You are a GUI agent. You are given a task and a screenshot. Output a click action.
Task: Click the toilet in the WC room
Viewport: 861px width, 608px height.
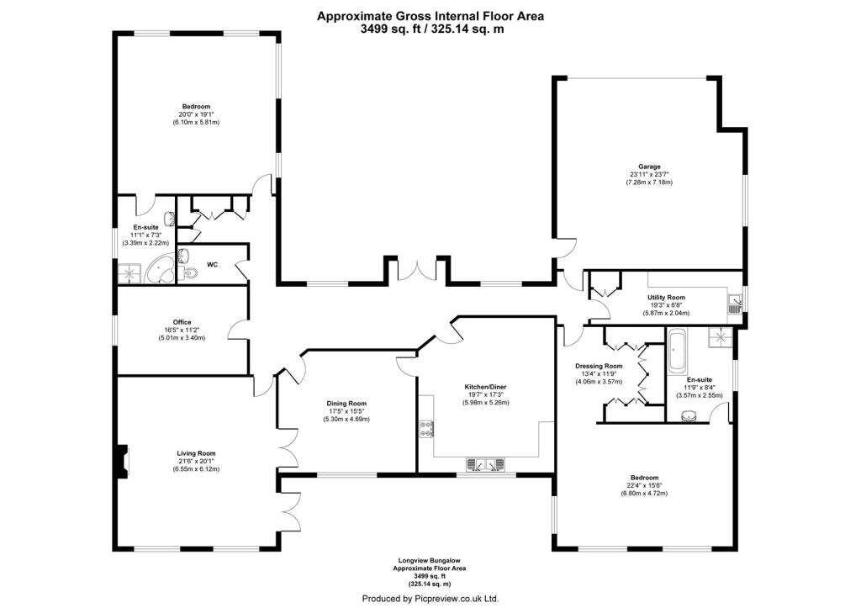point(189,272)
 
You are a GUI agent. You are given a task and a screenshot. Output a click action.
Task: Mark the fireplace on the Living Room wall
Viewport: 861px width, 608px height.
point(123,459)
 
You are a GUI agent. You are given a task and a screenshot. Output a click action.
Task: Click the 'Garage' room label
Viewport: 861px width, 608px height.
point(648,167)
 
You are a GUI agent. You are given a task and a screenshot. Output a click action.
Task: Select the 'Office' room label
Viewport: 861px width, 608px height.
point(182,322)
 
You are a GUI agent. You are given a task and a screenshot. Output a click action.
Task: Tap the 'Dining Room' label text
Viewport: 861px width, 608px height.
point(347,404)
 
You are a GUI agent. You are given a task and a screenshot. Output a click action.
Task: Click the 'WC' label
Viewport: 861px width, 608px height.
point(213,264)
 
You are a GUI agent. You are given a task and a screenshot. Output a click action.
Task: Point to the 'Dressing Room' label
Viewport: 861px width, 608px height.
point(599,366)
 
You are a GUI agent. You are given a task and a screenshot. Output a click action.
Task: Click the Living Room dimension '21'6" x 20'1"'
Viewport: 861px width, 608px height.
point(196,462)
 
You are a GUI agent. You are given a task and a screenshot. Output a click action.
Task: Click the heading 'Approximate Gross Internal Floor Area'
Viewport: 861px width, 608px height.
point(430,15)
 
